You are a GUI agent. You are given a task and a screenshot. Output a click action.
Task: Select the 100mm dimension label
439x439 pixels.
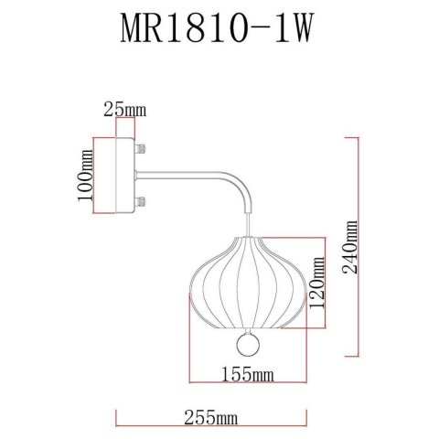point(86,177)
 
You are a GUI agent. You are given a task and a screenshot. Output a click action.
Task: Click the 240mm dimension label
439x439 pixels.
point(363,247)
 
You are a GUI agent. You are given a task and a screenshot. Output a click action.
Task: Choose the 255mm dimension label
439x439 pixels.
point(209,418)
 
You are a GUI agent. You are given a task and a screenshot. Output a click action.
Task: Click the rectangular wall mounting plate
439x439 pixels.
point(117,177)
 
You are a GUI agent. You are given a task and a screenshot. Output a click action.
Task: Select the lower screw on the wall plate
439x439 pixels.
point(141,204)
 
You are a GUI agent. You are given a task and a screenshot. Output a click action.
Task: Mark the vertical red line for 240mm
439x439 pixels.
point(351,247)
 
